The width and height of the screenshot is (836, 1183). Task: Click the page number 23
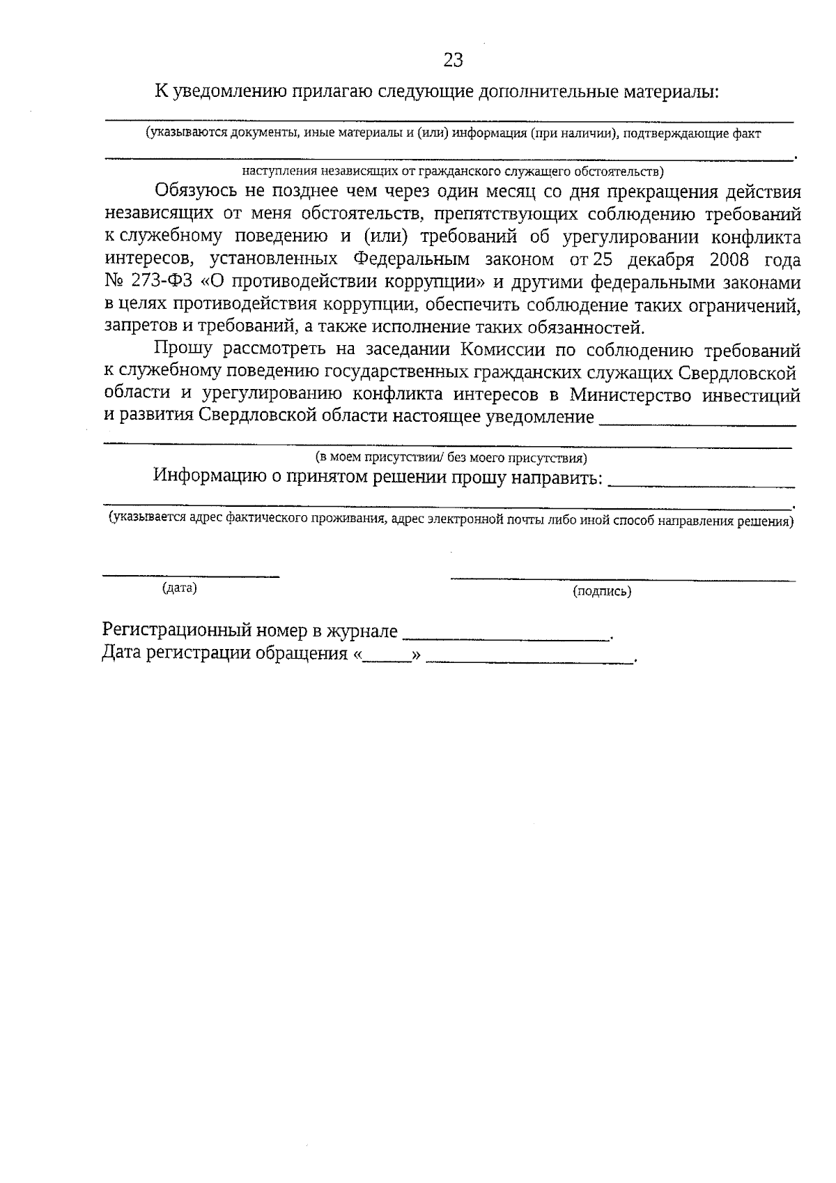point(453,61)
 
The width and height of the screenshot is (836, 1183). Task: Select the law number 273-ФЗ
point(162,282)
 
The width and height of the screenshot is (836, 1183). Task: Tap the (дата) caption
point(179,588)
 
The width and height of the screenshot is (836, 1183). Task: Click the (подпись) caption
point(602,592)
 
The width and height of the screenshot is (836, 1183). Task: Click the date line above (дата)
point(191,576)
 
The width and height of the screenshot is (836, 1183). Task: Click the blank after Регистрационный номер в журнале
point(506,637)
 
